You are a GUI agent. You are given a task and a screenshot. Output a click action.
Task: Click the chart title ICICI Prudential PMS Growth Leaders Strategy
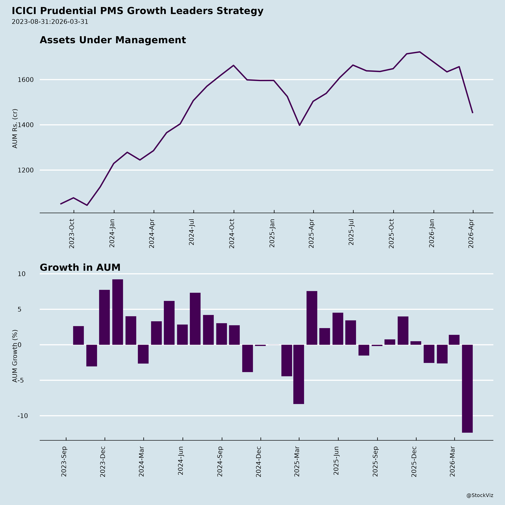pyautogui.click(x=137, y=11)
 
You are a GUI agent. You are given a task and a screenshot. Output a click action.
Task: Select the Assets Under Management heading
pyautogui.click(x=113, y=40)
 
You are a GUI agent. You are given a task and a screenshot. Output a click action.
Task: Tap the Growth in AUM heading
pyautogui.click(x=80, y=268)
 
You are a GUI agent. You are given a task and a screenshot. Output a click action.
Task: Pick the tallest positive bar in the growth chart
pyautogui.click(x=118, y=312)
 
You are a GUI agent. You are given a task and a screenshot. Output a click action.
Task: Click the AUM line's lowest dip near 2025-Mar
pyautogui.click(x=299, y=125)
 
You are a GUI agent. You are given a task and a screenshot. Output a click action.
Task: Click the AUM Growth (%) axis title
pyautogui.click(x=15, y=356)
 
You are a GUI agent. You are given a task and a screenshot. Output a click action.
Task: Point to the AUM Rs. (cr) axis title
pyautogui.click(x=15, y=129)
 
